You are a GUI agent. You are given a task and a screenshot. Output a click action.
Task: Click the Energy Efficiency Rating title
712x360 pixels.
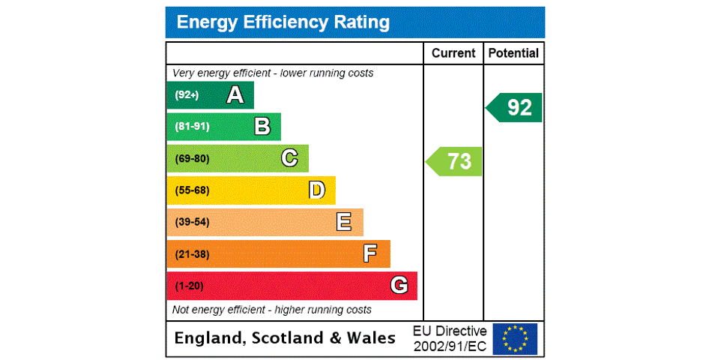point(283,22)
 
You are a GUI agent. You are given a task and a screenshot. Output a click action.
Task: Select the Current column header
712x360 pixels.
point(453,53)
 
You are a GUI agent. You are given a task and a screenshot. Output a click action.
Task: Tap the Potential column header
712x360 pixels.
point(513,53)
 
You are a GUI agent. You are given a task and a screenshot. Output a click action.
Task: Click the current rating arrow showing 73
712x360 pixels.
point(455,161)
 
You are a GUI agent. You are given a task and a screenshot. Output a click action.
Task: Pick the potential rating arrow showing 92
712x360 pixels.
point(515,107)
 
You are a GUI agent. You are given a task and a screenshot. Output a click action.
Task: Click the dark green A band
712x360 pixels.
point(210,95)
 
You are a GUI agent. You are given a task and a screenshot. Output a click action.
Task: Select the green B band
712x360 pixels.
point(223,127)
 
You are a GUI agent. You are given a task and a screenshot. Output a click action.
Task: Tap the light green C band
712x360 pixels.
point(237,158)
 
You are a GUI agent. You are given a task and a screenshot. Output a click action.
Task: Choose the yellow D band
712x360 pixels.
point(251,190)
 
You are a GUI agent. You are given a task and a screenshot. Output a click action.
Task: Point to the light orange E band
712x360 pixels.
point(265,222)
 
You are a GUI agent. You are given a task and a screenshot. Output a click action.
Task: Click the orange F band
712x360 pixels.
point(278,253)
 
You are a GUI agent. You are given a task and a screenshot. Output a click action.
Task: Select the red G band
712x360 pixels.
point(292,286)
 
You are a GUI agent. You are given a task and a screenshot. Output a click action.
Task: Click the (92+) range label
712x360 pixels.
point(187,95)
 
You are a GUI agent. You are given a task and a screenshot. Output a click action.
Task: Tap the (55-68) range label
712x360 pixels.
point(192,190)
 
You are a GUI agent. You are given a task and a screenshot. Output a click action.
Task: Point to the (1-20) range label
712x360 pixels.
point(189,286)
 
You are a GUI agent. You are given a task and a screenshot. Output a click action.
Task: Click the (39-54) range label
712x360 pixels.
point(192,222)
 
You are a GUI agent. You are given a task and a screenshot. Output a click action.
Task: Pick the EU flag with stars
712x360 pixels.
point(515,338)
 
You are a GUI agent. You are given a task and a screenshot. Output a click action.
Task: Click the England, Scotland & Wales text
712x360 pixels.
point(285,338)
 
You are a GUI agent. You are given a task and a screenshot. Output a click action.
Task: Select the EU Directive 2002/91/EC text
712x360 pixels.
point(450,338)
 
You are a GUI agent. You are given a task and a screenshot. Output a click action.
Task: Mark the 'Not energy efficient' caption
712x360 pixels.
point(272,310)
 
